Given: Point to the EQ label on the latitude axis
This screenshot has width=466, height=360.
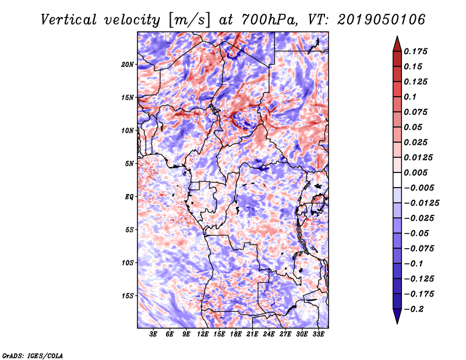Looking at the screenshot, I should click(129, 196).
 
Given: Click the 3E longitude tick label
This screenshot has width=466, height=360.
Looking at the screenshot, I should click(153, 334).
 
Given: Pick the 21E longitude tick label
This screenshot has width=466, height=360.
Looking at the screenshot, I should click(252, 334).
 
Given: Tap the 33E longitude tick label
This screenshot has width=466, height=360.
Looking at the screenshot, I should click(318, 334).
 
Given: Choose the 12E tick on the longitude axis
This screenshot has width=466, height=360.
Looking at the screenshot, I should click(203, 334).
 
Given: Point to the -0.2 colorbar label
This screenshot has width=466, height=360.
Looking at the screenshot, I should click(416, 309).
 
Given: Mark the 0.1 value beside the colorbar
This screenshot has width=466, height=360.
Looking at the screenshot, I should click(411, 97).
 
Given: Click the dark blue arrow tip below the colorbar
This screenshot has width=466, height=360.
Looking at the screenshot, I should click(396, 318).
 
